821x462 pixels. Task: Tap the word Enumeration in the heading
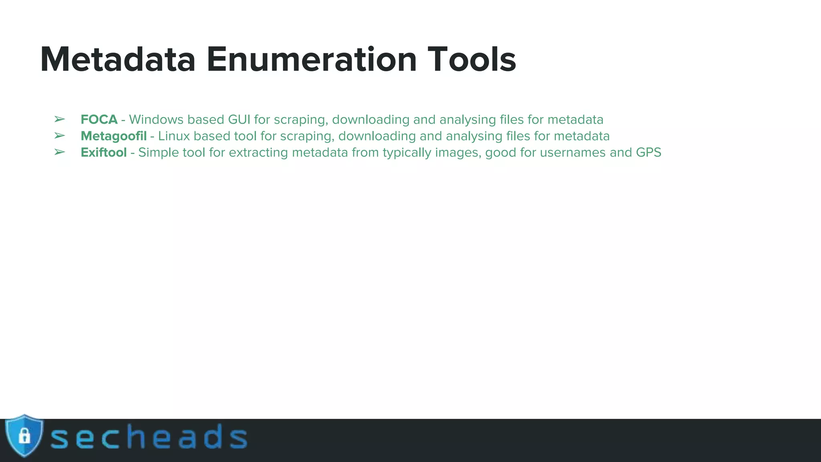tap(311, 60)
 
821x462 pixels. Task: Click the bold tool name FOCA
tap(99, 120)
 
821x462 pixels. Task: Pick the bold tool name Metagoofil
tap(113, 136)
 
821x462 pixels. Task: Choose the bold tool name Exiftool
tap(103, 152)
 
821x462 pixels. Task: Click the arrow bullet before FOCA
tap(59, 119)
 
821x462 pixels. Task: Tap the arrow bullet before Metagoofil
tap(59, 136)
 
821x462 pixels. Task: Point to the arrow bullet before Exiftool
tap(59, 152)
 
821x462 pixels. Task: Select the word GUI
tap(239, 120)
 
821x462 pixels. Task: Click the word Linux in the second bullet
tap(174, 136)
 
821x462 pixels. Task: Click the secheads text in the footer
tap(148, 437)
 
